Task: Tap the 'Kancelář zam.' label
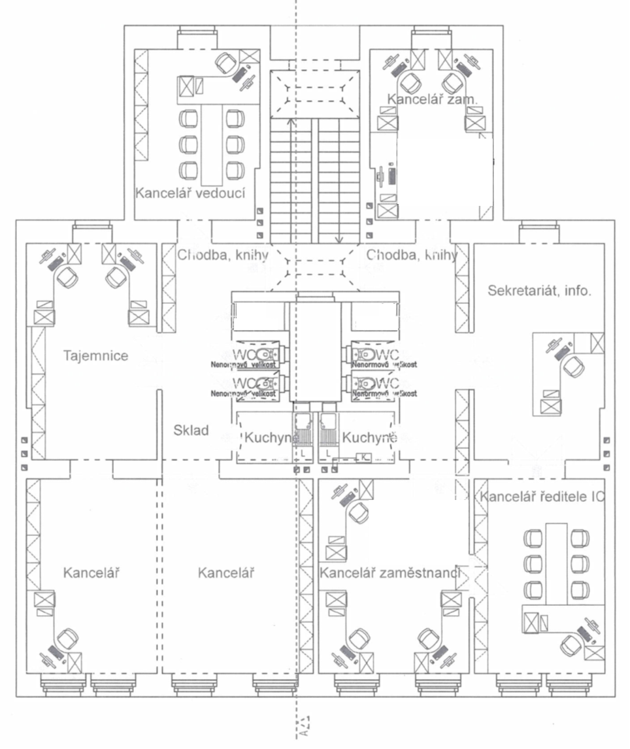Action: pos(433,99)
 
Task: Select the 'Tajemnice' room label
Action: pos(95,356)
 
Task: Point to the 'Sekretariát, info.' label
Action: pos(539,291)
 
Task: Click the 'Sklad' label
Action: pos(191,430)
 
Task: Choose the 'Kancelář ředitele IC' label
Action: pos(542,497)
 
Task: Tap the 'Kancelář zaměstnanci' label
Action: pos(390,573)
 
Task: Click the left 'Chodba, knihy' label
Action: pos(223,255)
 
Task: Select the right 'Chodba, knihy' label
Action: pos(412,255)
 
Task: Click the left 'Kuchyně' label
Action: pos(267,437)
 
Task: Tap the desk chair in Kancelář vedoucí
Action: pos(225,63)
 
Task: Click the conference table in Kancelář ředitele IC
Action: pos(557,563)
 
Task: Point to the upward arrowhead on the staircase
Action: pos(290,121)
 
